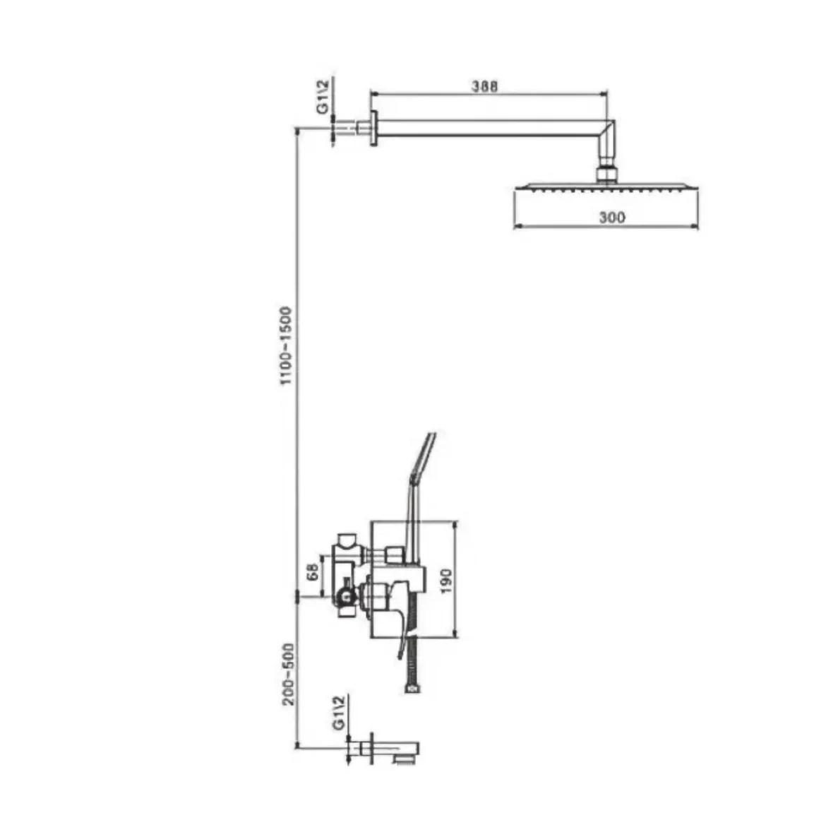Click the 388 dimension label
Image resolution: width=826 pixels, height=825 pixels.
click(x=484, y=85)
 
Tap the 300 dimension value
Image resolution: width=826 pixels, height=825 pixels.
click(x=611, y=217)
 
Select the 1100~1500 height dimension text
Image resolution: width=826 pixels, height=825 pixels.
click(x=285, y=345)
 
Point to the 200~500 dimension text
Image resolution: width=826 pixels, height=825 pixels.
click(x=288, y=674)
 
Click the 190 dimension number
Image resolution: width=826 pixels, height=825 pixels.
click(x=445, y=581)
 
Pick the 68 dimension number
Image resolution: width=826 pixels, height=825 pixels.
click(x=313, y=572)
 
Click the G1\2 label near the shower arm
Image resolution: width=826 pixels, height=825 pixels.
click(x=323, y=96)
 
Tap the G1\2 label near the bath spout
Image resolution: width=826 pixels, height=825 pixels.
click(x=339, y=713)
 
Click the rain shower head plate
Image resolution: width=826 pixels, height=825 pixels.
click(x=606, y=186)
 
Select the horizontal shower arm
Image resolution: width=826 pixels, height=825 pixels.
click(x=490, y=128)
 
